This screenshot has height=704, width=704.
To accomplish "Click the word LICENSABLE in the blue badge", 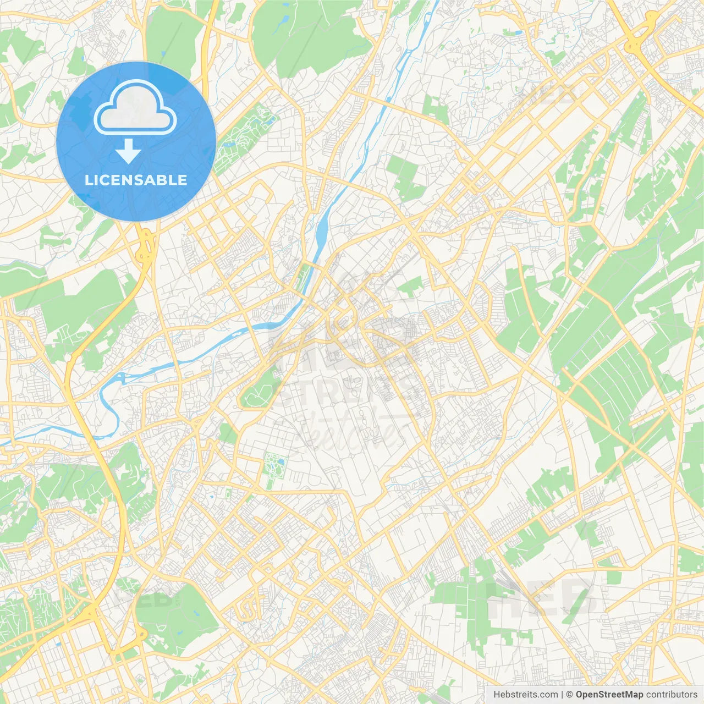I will (136, 180).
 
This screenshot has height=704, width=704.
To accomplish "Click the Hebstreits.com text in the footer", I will (525, 695).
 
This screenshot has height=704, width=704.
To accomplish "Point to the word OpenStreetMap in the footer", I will (609, 695).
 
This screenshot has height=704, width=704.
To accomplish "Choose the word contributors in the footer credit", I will (672, 695).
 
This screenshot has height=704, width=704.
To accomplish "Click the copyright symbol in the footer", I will (570, 695).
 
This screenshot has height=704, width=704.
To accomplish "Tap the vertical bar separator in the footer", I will (562, 695).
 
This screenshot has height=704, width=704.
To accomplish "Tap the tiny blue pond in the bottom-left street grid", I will (58, 642).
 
